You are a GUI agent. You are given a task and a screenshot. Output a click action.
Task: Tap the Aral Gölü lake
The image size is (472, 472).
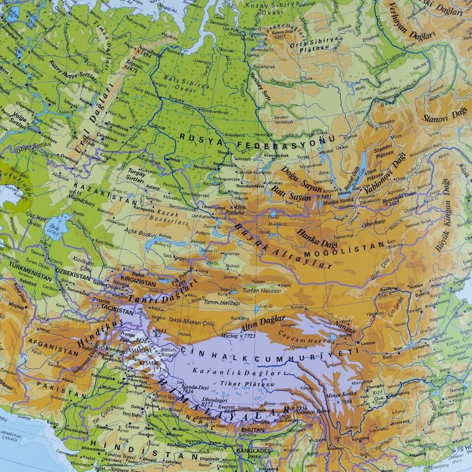[x=53, y=226]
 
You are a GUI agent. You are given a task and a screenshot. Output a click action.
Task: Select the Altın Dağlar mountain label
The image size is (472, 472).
[x=263, y=324]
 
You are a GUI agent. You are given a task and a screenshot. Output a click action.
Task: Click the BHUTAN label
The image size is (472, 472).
[x=252, y=429]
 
